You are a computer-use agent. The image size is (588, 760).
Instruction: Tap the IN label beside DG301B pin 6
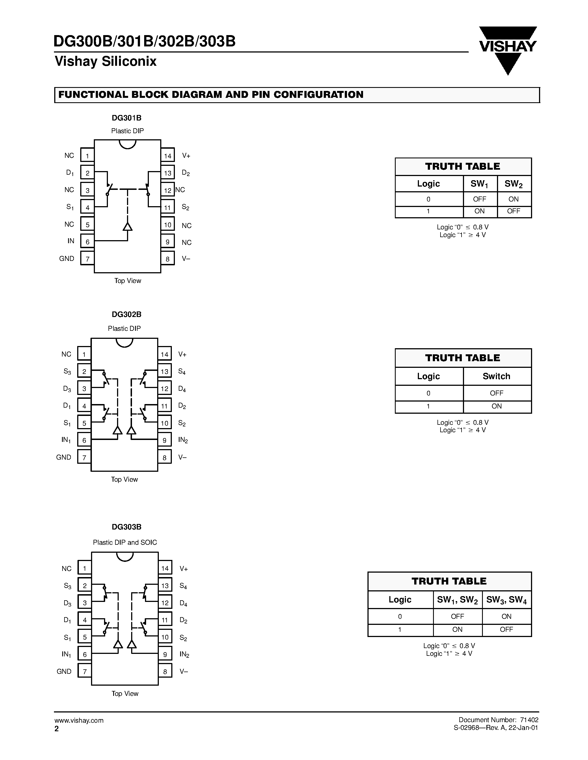(x=71, y=241)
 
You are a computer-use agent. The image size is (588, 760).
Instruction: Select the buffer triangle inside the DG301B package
(x=128, y=227)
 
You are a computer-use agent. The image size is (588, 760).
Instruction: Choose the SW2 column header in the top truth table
(x=514, y=184)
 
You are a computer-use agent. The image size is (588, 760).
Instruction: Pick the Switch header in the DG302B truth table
(x=496, y=376)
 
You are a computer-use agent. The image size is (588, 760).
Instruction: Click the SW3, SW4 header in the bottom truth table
(x=506, y=600)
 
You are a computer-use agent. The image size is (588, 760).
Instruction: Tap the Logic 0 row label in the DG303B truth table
(x=400, y=617)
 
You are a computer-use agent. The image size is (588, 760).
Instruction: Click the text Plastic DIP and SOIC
(x=125, y=543)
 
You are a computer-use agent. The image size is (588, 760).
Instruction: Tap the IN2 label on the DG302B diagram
(x=183, y=440)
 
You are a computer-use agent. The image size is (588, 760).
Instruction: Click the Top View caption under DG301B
(x=128, y=281)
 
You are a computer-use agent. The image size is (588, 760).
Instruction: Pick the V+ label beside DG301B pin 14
(x=186, y=156)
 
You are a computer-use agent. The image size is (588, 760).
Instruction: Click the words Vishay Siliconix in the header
(x=105, y=62)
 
